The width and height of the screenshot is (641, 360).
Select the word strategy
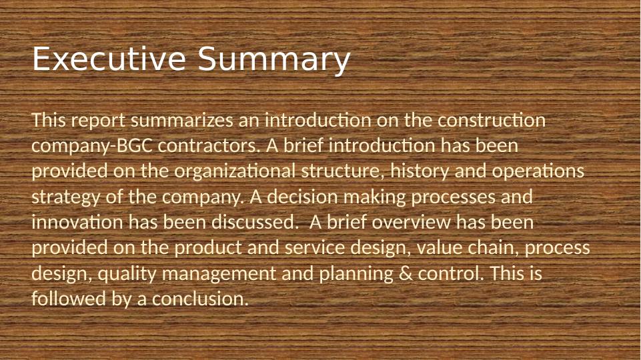(62, 197)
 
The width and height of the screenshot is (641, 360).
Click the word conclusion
(199, 299)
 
